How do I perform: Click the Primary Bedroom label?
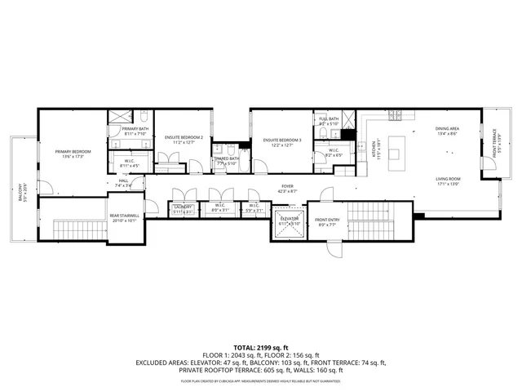[x=73, y=153]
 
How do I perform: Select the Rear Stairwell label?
[x=125, y=216]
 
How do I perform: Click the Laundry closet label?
[x=183, y=207]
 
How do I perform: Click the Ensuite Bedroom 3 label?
[x=282, y=140]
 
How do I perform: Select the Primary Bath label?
[x=135, y=129]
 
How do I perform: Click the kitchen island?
[x=397, y=148]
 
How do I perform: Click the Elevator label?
[x=290, y=219]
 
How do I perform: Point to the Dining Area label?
[x=447, y=129]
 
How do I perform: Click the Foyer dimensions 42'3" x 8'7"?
[x=287, y=191]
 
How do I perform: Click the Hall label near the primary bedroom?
[x=123, y=183]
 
